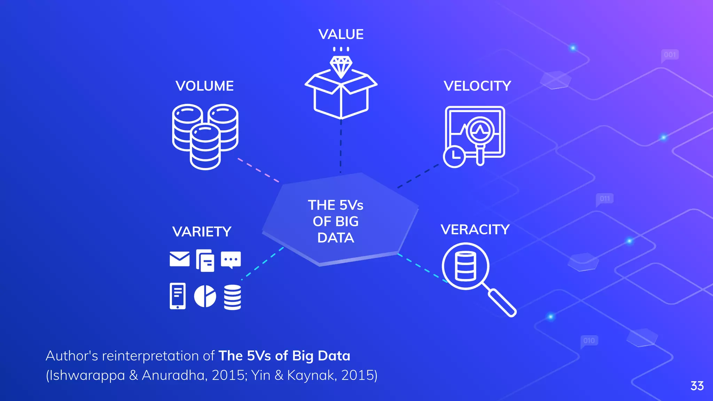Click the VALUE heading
[341, 34]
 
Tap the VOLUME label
[204, 86]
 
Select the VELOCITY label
[477, 86]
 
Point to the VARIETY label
[202, 232]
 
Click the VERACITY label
[475, 230]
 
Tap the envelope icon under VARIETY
[180, 259]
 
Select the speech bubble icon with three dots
[231, 260]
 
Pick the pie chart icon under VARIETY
[205, 296]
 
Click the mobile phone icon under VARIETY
[178, 296]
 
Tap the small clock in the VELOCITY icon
[454, 156]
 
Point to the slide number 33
[697, 386]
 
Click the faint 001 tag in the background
[670, 55]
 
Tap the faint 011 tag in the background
[605, 199]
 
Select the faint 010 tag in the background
[589, 340]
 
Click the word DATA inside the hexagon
[336, 238]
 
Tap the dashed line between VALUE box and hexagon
[341, 146]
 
